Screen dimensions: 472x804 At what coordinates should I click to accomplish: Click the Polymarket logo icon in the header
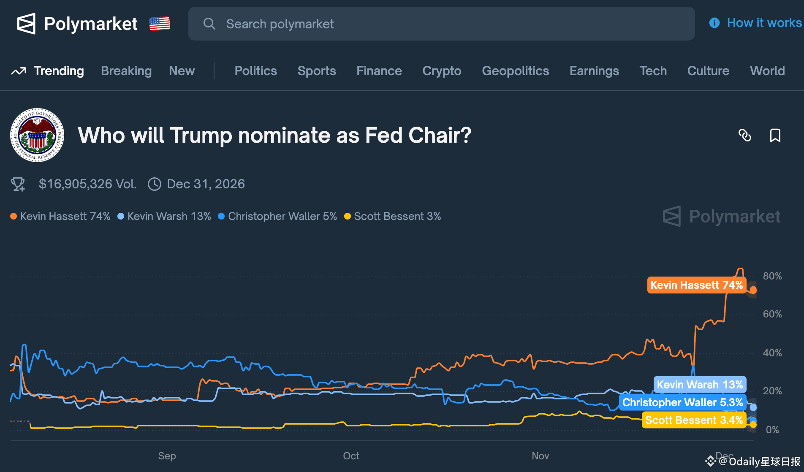tap(26, 24)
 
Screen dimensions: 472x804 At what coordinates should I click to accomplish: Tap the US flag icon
tap(160, 24)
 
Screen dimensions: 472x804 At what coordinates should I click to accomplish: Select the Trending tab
tap(58, 71)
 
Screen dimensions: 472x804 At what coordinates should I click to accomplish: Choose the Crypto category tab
tap(442, 71)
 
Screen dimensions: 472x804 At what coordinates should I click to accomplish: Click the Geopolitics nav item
tap(515, 71)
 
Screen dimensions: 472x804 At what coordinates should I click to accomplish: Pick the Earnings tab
tap(594, 71)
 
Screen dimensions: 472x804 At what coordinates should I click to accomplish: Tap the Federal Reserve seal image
tap(37, 135)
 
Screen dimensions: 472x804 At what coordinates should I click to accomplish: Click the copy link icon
tap(745, 136)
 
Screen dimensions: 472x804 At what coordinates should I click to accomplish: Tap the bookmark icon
tap(775, 136)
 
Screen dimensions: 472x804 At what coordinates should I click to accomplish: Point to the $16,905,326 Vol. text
tap(87, 184)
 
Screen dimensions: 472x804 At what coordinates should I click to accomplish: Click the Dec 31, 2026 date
tap(206, 184)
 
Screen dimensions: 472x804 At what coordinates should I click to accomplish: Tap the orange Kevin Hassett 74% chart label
tap(696, 285)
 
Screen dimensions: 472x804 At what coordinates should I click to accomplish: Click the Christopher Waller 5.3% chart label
tap(682, 402)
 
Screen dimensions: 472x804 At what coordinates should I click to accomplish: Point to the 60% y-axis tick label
tap(772, 314)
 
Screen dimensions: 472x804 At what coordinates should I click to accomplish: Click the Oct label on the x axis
tap(351, 456)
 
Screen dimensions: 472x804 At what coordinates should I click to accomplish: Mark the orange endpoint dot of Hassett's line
tap(753, 290)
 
